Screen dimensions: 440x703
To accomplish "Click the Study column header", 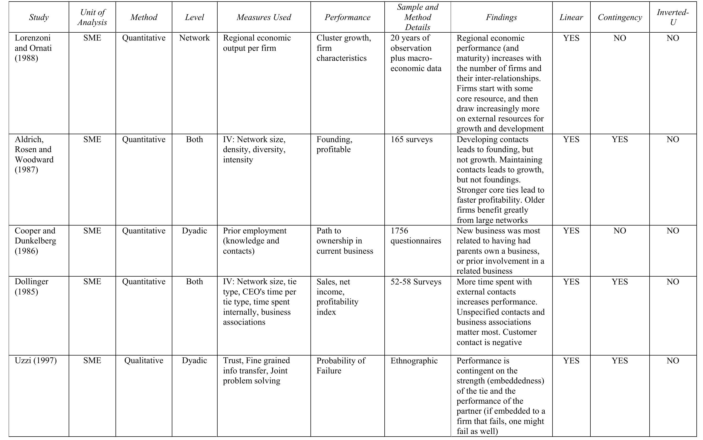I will point(39,17).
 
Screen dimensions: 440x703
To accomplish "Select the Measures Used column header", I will point(264,17).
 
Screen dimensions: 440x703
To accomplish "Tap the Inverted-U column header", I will point(672,17).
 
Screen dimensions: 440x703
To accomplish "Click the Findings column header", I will point(501,17).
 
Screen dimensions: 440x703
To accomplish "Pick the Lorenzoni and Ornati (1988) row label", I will point(33,48).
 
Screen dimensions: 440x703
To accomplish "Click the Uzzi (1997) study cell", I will point(36,361).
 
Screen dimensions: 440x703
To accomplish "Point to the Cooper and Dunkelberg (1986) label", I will point(35,241).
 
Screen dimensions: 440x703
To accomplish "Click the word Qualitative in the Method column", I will point(144,361).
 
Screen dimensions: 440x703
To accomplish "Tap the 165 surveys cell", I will point(411,139).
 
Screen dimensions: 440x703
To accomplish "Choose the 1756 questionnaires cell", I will point(415,236).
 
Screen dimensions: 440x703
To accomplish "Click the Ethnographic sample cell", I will point(414,361).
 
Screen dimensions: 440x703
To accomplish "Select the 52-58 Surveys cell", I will point(416,282).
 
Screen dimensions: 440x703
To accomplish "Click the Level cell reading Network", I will point(194,38).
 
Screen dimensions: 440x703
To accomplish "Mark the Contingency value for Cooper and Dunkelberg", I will point(620,231).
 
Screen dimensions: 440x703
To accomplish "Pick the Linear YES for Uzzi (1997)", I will point(571,361).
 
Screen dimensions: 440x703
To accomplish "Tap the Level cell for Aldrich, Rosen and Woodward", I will point(194,139).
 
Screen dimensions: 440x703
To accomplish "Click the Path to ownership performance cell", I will point(344,241).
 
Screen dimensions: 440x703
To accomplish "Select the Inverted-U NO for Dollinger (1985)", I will point(672,282).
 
